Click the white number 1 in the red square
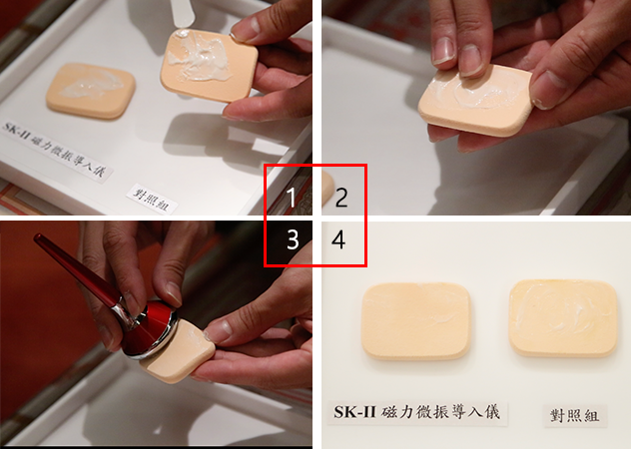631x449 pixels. coord(292,198)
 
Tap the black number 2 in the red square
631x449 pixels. coord(341,198)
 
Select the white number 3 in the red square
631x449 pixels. coord(293,239)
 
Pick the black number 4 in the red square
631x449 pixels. coord(338,239)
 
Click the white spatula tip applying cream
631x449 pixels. coord(182,16)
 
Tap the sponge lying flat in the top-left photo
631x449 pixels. coord(90,91)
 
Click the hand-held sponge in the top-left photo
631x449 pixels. coord(209,65)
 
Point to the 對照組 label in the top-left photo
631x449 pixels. coord(152,199)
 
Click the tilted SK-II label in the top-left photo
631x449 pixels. coord(56,151)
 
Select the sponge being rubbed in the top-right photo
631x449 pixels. coord(476,99)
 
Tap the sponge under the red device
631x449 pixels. coord(180,351)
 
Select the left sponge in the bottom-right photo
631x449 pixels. coord(416,320)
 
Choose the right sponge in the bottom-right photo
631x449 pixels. coord(563,318)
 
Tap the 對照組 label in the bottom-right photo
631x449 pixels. coord(574,415)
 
